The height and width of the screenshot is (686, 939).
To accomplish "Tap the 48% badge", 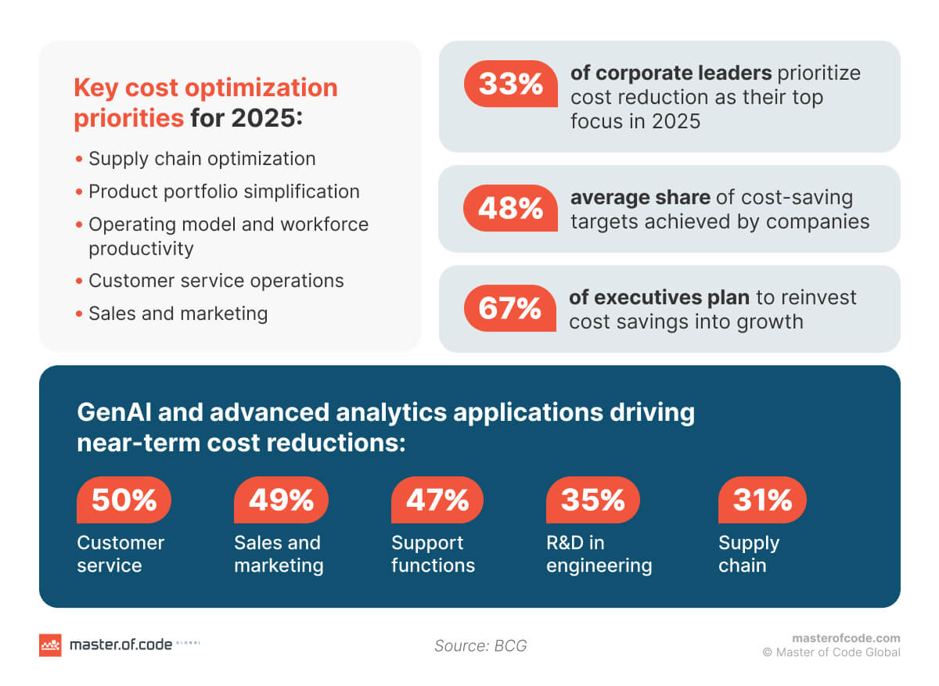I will click(x=510, y=208).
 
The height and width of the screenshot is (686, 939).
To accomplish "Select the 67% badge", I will click(x=510, y=308).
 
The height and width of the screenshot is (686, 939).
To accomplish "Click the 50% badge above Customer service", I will click(x=124, y=500).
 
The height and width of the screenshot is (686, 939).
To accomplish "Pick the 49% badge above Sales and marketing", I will click(x=281, y=500).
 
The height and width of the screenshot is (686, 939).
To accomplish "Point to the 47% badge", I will click(x=437, y=500).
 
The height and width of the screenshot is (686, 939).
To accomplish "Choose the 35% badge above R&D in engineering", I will click(x=592, y=500).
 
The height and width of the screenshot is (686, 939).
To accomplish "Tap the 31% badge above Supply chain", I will click(x=762, y=500).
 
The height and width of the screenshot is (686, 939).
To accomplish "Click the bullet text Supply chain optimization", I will click(x=202, y=159).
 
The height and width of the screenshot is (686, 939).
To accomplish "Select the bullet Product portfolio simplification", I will click(x=224, y=192).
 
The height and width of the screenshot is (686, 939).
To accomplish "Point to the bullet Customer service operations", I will click(x=216, y=281).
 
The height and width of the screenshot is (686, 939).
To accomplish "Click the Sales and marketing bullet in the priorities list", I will click(x=178, y=314).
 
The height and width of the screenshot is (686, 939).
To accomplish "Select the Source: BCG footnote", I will click(x=480, y=645).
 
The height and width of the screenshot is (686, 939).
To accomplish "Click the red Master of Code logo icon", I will click(x=50, y=645).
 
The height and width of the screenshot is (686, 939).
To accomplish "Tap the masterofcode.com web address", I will click(x=846, y=638).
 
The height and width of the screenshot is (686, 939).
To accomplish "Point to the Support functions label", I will click(x=433, y=554).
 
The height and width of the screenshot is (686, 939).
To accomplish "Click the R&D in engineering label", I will click(x=599, y=554).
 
